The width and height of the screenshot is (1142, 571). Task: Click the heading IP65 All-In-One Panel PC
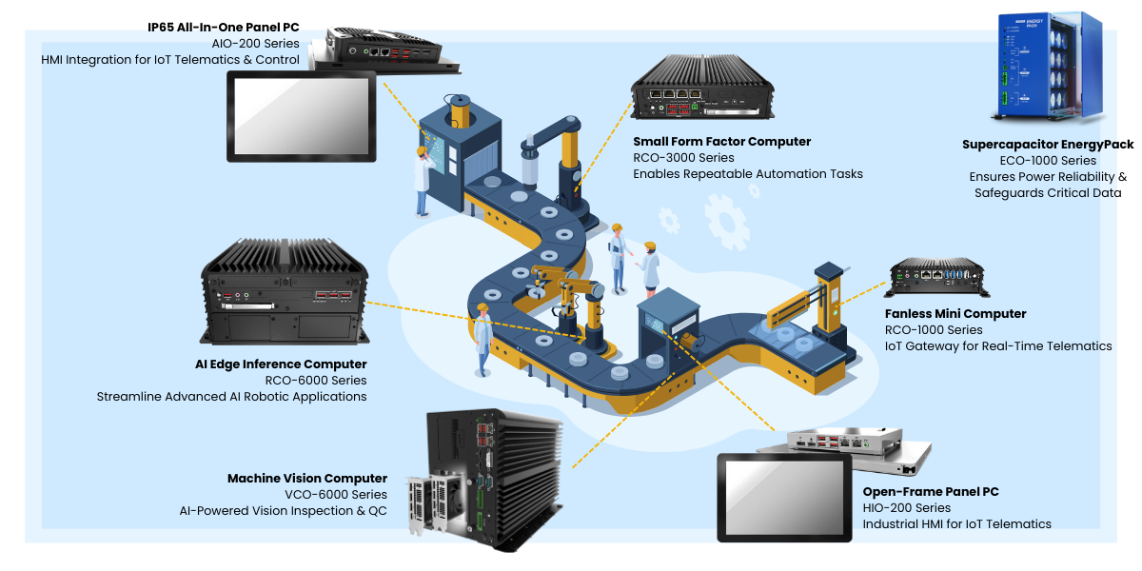pos(224,28)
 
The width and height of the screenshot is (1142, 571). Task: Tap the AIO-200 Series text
pos(255,44)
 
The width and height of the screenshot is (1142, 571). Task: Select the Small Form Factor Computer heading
pos(722,142)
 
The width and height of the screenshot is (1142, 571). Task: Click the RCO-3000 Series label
pos(683,158)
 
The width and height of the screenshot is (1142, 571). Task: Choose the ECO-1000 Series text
pos(1048,161)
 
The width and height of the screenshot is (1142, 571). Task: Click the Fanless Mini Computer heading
pos(955,314)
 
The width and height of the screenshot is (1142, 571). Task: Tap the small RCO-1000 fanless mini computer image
pos(937,277)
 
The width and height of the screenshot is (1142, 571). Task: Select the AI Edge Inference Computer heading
pos(281,364)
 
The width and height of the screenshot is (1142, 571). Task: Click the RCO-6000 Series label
pos(316,381)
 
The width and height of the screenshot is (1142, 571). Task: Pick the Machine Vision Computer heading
pos(307,479)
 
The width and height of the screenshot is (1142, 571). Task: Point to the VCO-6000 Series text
pos(336,495)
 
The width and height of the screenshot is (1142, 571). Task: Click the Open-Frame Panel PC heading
pos(931,492)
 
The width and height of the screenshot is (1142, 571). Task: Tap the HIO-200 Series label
pos(906,508)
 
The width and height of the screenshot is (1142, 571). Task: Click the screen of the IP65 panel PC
pos(302,116)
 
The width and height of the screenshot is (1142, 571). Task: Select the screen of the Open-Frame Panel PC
pos(784,498)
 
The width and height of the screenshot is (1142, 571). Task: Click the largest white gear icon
pos(727,223)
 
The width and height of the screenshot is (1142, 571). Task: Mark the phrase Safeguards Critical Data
pos(1048,193)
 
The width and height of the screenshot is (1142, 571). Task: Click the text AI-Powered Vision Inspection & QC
pos(283,511)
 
